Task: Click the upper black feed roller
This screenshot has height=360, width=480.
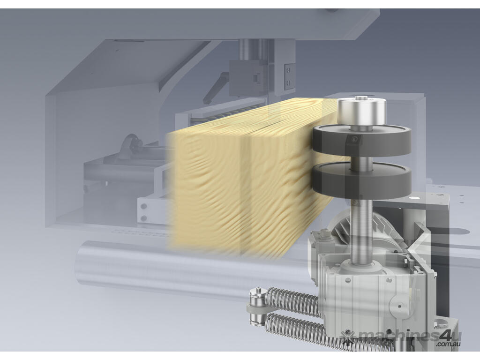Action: coord(361,140)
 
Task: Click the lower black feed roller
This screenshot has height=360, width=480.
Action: coord(361,180)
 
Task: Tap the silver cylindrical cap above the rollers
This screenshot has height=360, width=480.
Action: coord(362,112)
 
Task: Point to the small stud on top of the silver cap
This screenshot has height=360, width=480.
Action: coord(361,98)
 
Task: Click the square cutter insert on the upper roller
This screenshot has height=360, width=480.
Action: coord(354,140)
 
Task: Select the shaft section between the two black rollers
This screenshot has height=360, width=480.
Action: coord(361,161)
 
